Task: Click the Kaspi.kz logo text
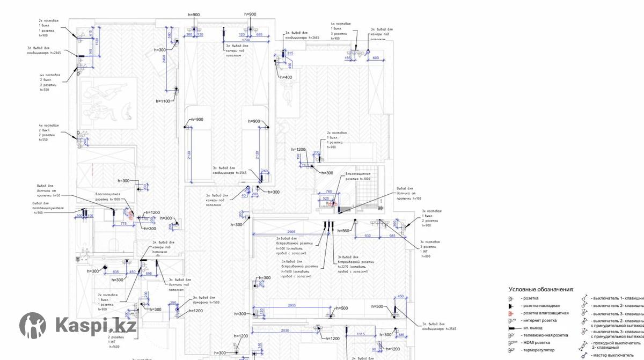[x=96, y=325]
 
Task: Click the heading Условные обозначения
[x=541, y=289]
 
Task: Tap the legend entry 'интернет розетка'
[x=539, y=320]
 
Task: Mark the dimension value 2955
[x=292, y=305]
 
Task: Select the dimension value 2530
[x=285, y=331]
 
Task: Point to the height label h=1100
[x=163, y=101]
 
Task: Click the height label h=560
[x=343, y=231]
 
